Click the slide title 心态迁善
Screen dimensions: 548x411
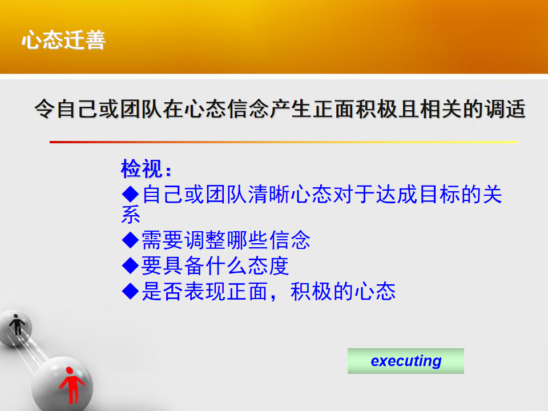63,39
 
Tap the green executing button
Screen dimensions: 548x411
405,361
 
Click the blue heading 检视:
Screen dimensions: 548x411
146,169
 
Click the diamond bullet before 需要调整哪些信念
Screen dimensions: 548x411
131,240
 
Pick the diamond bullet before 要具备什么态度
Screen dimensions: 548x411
131,265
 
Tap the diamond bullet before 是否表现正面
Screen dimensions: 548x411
131,291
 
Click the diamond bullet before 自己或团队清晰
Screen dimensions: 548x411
131,194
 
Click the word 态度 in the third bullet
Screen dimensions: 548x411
268,265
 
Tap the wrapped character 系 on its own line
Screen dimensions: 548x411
131,214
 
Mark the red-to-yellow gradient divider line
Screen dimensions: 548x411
284,142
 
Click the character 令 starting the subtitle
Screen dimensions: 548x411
45,108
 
